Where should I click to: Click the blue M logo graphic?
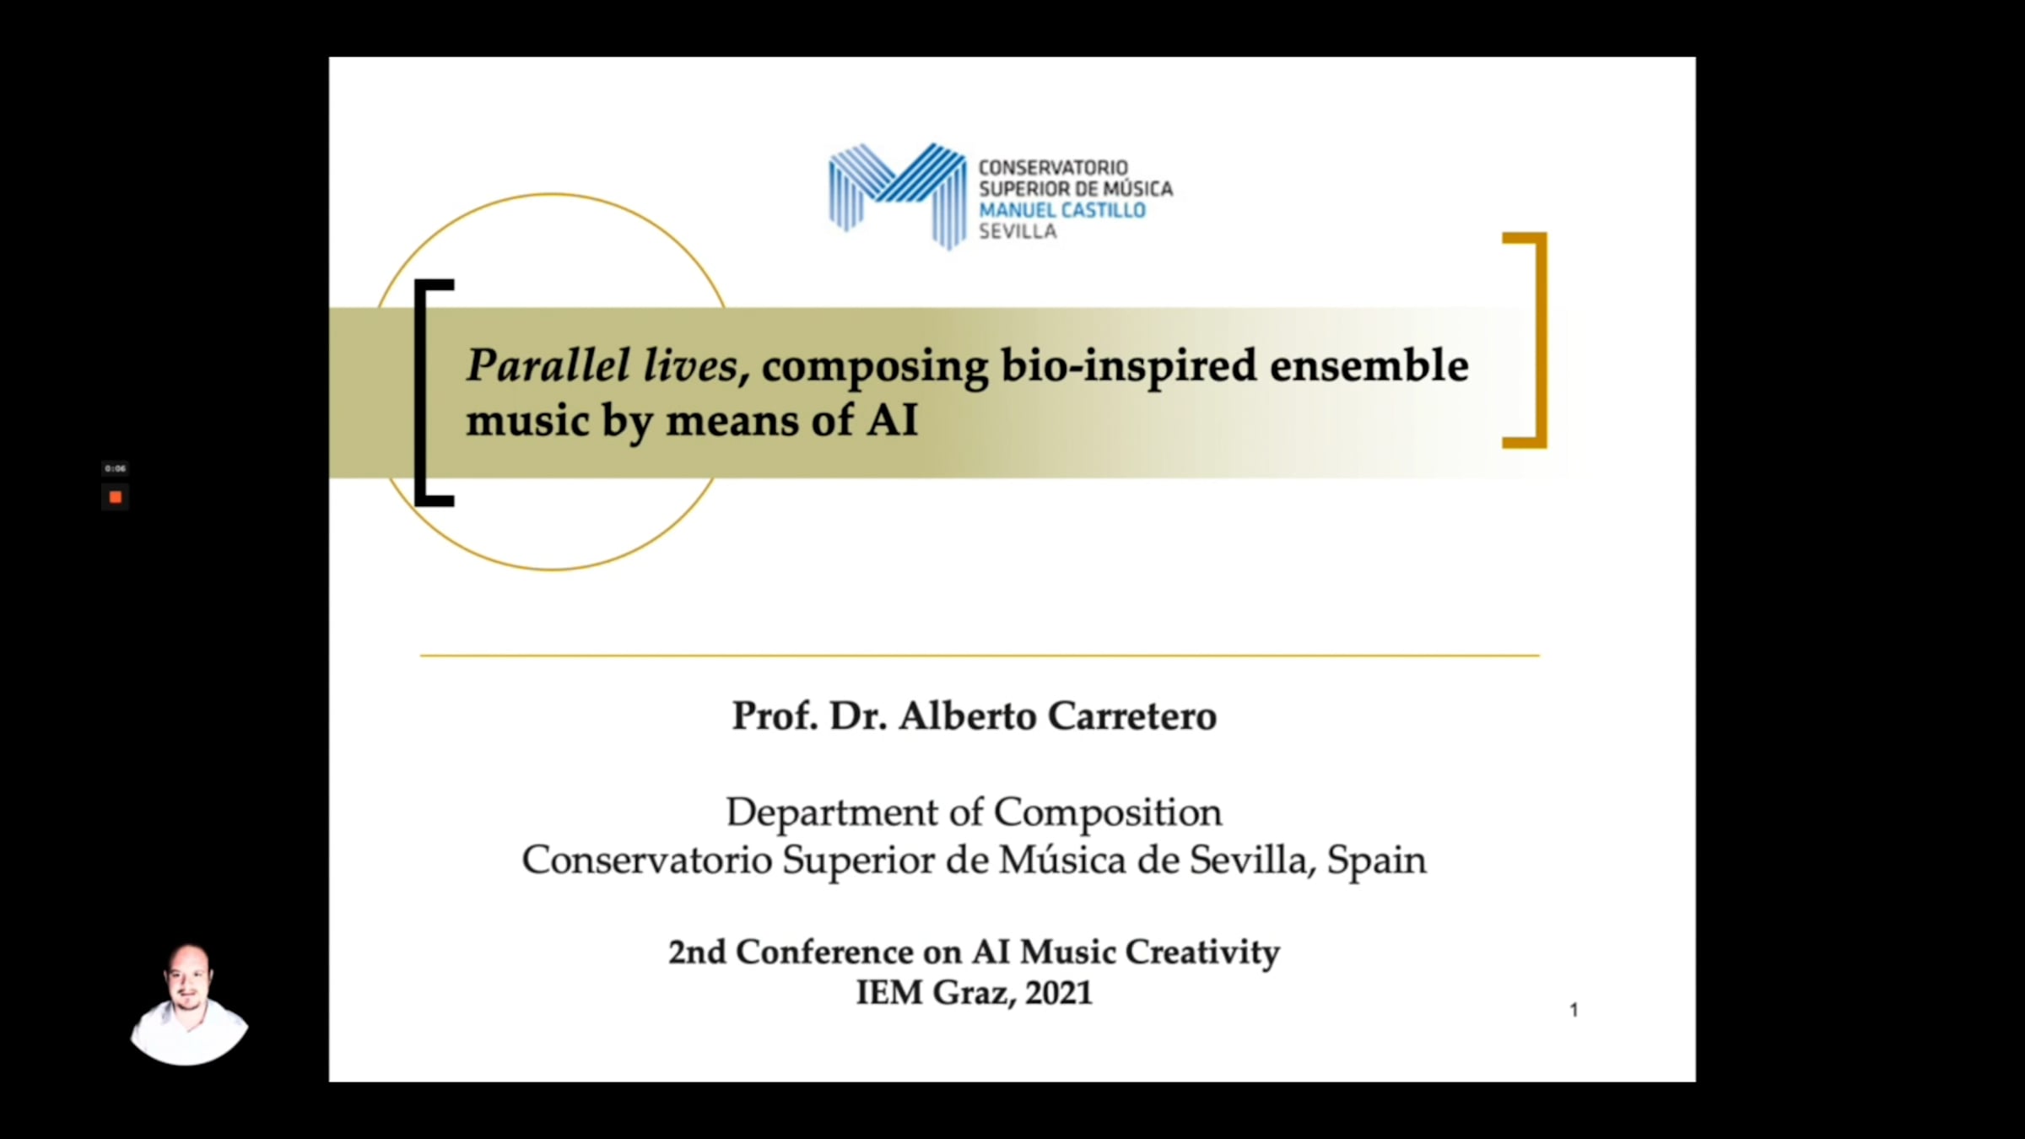coord(897,196)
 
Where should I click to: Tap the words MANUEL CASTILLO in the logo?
coord(1062,210)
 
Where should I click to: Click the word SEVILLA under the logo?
coord(1018,231)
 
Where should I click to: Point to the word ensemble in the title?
coord(1369,365)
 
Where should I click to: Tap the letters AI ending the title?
coord(892,419)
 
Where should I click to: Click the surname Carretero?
coord(1132,716)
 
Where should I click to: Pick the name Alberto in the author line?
coord(967,716)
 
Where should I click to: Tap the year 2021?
coord(1059,993)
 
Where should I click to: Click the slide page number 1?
coord(1574,1010)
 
